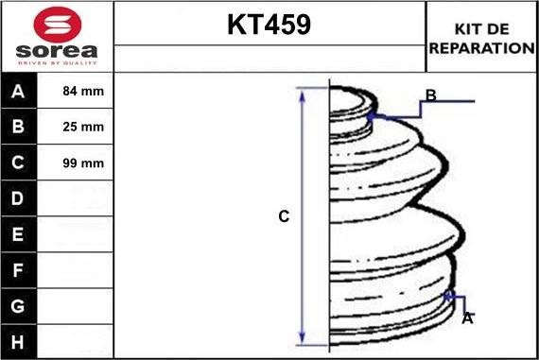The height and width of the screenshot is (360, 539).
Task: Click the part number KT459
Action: tap(269, 26)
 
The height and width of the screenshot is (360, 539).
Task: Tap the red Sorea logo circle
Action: tap(57, 24)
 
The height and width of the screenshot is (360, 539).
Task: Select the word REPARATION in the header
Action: tap(481, 47)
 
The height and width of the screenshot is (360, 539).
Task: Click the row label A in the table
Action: tap(19, 92)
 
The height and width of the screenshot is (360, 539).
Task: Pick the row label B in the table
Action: tap(19, 127)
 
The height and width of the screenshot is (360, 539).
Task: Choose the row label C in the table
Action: tap(19, 163)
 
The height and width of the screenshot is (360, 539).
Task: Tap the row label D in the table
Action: tap(19, 198)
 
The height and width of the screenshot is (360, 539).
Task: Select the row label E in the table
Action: tap(19, 234)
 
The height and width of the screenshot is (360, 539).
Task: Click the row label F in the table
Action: tap(19, 270)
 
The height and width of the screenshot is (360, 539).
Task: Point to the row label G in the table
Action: tap(19, 306)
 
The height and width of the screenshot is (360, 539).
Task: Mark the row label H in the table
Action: tap(19, 341)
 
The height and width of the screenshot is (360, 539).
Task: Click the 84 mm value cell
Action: tap(83, 92)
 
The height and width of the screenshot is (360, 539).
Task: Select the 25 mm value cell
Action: tap(83, 127)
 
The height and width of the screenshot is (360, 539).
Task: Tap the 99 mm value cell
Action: tap(83, 163)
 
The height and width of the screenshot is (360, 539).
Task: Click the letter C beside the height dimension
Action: tap(283, 216)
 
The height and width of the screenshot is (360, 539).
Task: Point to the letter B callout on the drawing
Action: tap(430, 95)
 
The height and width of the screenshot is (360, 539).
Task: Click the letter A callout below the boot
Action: tap(466, 319)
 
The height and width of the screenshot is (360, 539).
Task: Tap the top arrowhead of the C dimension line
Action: tap(303, 93)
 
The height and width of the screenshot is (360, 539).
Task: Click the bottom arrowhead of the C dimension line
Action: tap(303, 338)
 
